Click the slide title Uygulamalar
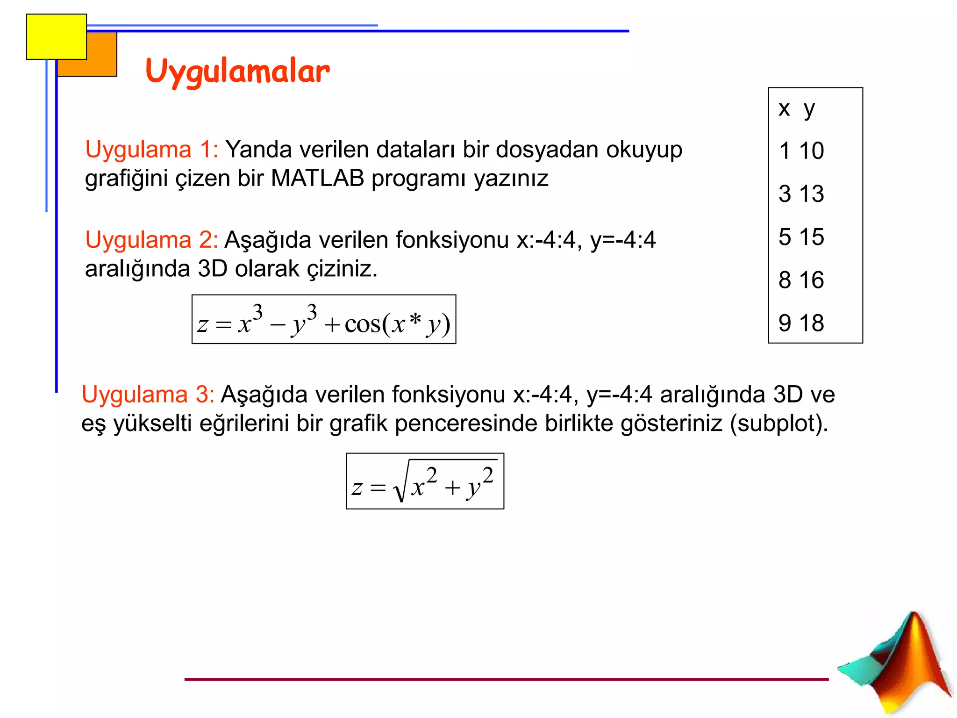pyautogui.click(x=237, y=72)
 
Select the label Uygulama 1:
pyautogui.click(x=151, y=150)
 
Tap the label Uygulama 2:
pyautogui.click(x=151, y=240)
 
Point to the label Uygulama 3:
pyautogui.click(x=148, y=395)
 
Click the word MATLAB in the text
pyautogui.click(x=317, y=179)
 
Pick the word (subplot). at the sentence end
pyautogui.click(x=779, y=424)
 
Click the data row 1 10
pyautogui.click(x=801, y=151)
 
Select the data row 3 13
pyautogui.click(x=801, y=194)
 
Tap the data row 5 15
pyautogui.click(x=801, y=237)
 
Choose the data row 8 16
pyautogui.click(x=801, y=280)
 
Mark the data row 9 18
pyautogui.click(x=801, y=323)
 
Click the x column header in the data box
pyautogui.click(x=784, y=109)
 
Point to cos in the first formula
pyautogui.click(x=362, y=324)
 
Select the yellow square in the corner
pyautogui.click(x=56, y=36)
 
